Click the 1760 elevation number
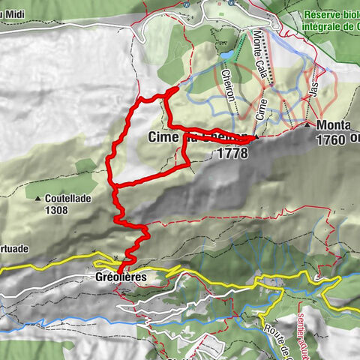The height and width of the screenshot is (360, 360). (331, 139)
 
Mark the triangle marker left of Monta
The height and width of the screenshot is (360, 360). (308, 124)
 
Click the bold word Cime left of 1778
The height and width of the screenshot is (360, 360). (164, 137)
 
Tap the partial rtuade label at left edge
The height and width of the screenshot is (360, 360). (14, 247)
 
